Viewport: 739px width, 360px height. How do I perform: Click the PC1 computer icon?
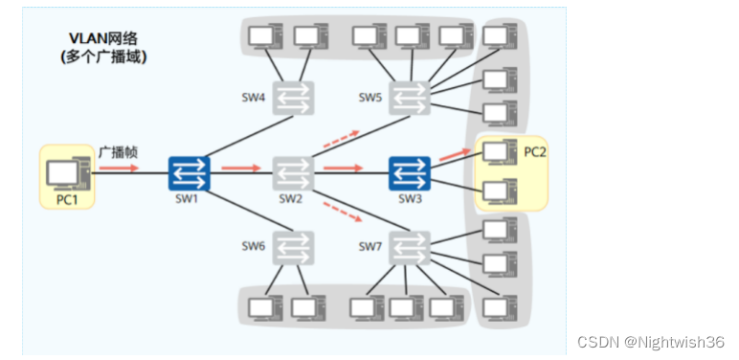(x=68, y=172)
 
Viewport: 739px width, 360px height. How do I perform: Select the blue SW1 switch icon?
(x=189, y=173)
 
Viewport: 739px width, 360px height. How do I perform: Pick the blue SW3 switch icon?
(x=410, y=173)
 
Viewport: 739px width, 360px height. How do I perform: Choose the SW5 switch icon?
(x=410, y=98)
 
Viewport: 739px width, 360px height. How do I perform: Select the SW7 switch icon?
(x=410, y=248)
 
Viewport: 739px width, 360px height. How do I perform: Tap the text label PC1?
(x=66, y=199)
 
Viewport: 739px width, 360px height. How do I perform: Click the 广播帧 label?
(x=118, y=151)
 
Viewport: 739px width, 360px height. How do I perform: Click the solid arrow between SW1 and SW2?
(x=239, y=168)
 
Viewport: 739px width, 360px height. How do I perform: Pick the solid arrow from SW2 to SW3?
(x=342, y=168)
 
